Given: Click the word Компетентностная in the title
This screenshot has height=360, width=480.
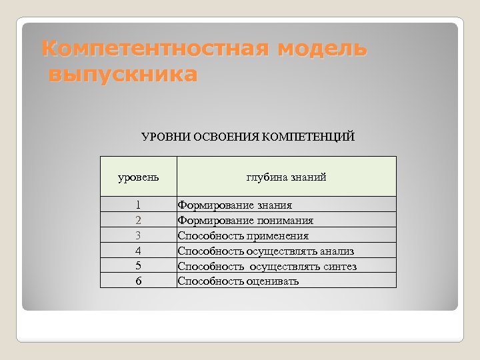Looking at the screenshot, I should (155, 49).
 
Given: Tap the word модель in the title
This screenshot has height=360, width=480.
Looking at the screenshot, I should (322, 49).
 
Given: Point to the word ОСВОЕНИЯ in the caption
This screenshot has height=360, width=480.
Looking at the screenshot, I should (226, 137).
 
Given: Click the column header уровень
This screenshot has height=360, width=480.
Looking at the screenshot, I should (139, 177).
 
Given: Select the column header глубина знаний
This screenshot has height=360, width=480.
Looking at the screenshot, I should (286, 177).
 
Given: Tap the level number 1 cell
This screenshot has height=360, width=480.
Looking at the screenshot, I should (138, 205).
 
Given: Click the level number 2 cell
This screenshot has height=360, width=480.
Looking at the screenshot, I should (138, 221).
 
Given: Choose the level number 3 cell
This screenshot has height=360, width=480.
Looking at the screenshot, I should (138, 235).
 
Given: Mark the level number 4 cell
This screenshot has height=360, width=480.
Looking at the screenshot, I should (138, 251).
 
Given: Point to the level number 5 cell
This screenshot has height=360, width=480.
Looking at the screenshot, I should (138, 266).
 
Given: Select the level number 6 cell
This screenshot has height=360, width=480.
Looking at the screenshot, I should (138, 281).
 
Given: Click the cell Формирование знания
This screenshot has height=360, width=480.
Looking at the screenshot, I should (235, 205).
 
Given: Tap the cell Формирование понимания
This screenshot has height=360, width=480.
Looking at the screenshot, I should (245, 221).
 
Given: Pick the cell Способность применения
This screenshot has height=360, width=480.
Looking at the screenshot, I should (243, 236).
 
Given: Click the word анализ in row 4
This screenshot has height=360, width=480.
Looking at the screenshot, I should (337, 251).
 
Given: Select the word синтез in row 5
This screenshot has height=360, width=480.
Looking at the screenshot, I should (339, 267).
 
